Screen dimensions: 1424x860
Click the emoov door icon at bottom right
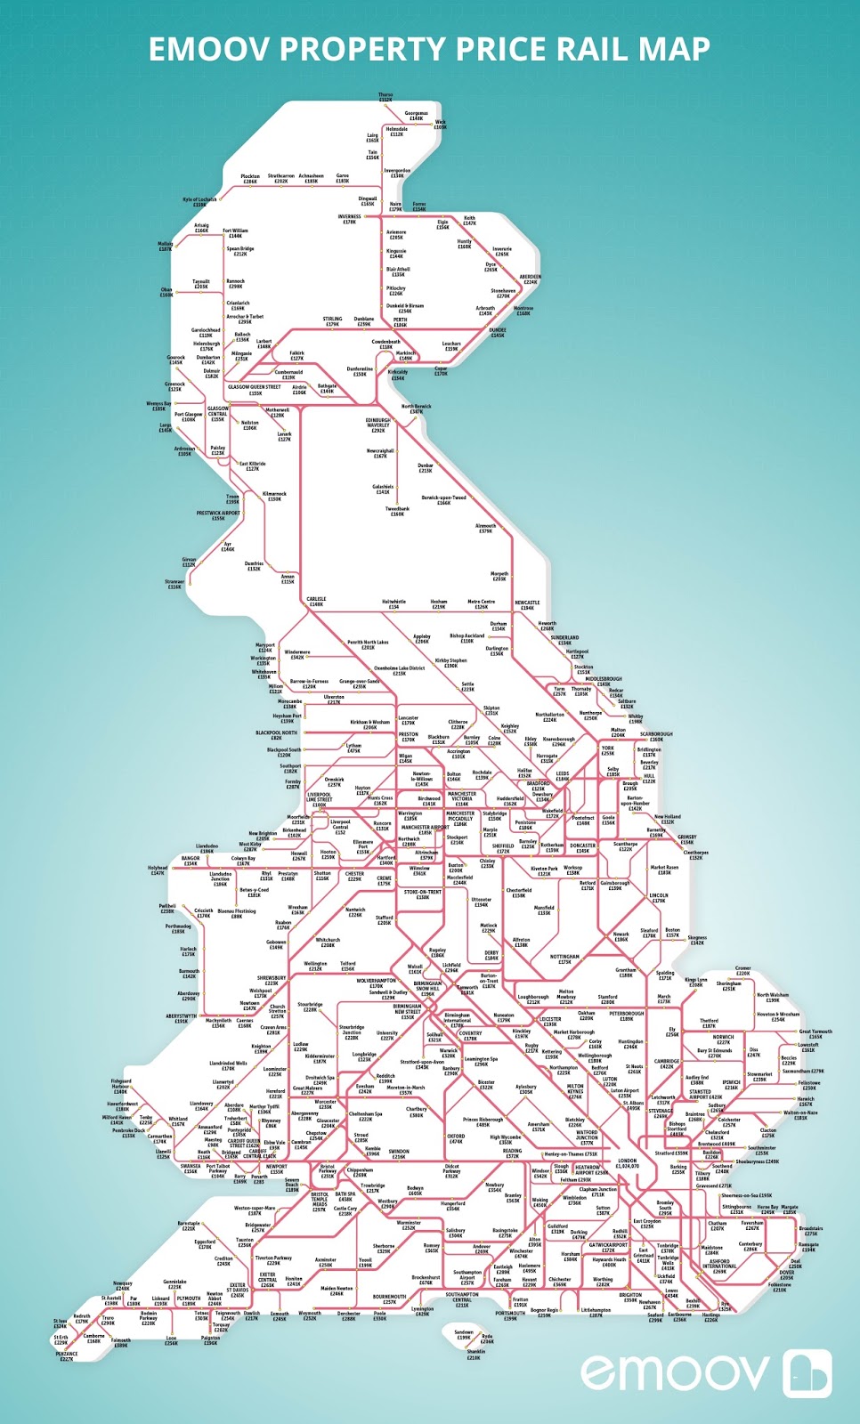tap(807, 1372)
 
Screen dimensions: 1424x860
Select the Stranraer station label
tap(174, 584)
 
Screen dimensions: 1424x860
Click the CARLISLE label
tap(316, 601)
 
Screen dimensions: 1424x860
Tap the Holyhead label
tap(158, 870)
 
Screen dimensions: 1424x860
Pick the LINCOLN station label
tap(659, 897)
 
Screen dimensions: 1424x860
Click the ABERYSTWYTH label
tap(182, 1018)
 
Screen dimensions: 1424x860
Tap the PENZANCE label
tap(67, 1356)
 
